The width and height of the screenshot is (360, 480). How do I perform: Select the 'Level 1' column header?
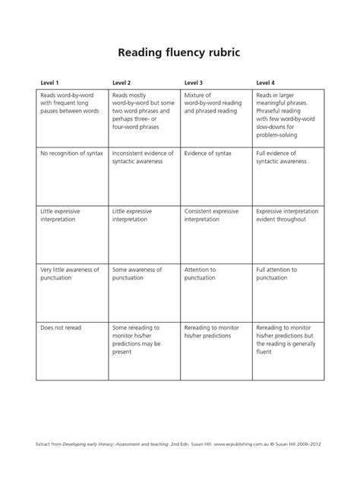[50, 82]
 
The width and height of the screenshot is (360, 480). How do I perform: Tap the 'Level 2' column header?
[122, 82]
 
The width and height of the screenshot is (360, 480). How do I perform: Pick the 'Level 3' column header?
[194, 82]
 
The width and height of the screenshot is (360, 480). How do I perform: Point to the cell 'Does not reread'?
[61, 327]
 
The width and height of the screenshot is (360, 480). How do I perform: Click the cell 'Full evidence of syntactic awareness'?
[282, 158]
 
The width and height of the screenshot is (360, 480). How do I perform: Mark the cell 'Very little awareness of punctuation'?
[70, 273]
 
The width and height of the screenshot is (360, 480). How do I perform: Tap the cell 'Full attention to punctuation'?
[282, 273]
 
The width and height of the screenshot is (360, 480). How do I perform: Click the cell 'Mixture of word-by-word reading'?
[215, 103]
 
